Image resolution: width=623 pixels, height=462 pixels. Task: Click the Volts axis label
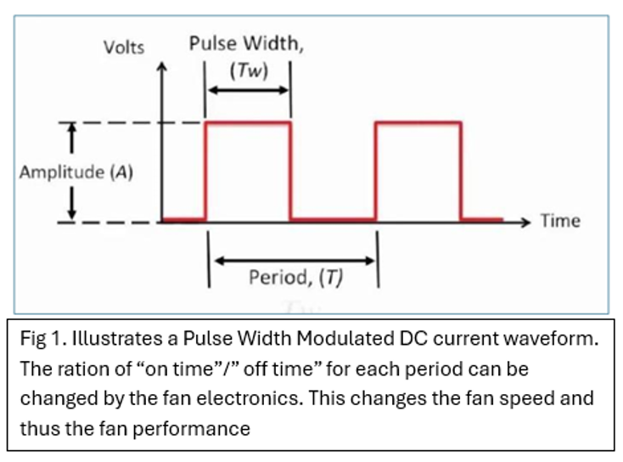[x=124, y=48]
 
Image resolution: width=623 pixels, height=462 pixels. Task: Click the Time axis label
[x=560, y=221]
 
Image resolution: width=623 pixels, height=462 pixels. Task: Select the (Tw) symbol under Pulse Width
[x=250, y=70]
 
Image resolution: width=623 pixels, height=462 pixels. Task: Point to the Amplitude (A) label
[x=76, y=172]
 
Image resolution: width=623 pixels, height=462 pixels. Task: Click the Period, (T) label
[x=295, y=277]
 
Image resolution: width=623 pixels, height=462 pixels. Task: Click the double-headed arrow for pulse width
[x=248, y=90]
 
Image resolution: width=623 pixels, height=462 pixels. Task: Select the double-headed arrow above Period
[x=295, y=261]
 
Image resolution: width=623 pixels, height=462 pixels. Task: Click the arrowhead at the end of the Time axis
[x=525, y=223]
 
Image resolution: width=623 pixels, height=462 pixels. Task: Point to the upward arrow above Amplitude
[x=71, y=138]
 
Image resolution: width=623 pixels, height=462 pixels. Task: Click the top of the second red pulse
[x=418, y=123]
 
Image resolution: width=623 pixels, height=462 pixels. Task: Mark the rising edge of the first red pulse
[x=205, y=171]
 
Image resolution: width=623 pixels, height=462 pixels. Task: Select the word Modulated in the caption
[x=345, y=338]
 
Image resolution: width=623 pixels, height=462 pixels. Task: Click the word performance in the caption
[x=192, y=430]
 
